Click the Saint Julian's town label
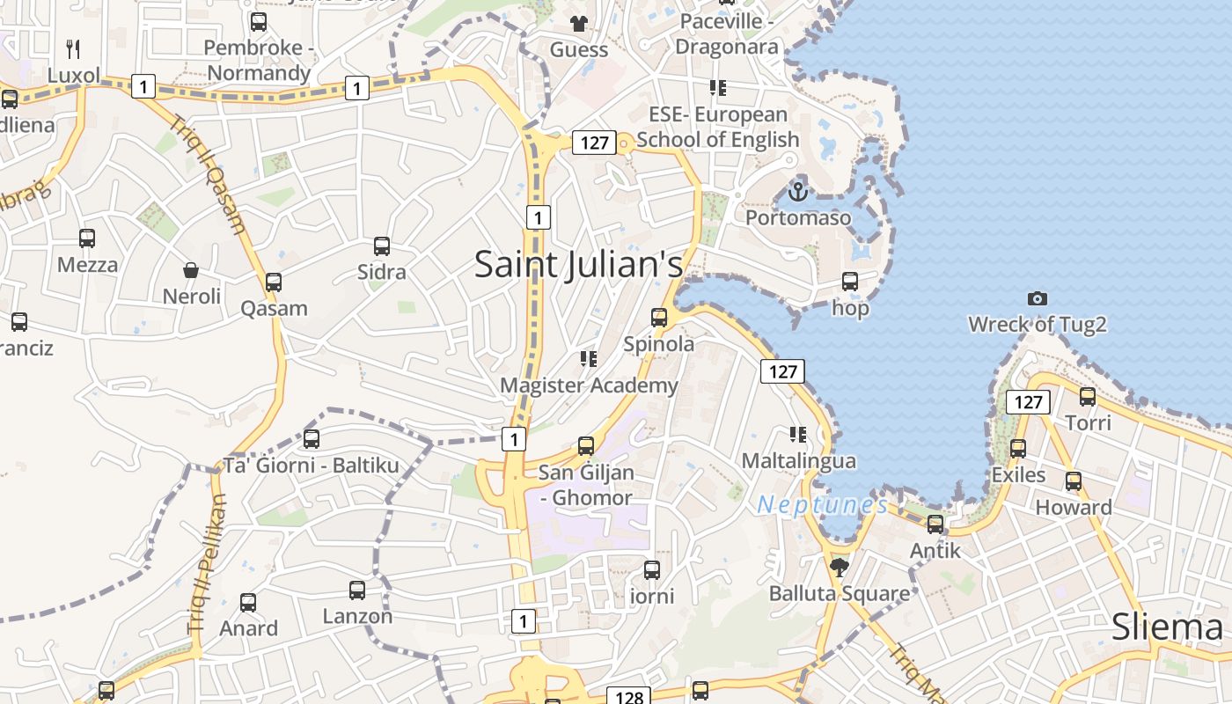578,264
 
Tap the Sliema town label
1167,627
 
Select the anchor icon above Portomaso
798,191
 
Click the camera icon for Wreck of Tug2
1038,298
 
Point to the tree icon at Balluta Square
839,567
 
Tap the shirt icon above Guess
578,23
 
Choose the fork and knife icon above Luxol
74,49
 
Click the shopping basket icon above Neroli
191,269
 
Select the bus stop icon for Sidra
382,246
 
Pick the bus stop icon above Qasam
274,282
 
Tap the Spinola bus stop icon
659,318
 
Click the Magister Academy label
589,385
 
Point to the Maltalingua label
798,460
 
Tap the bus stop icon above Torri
1088,397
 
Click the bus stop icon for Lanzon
357,590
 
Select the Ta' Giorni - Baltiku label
312,465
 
